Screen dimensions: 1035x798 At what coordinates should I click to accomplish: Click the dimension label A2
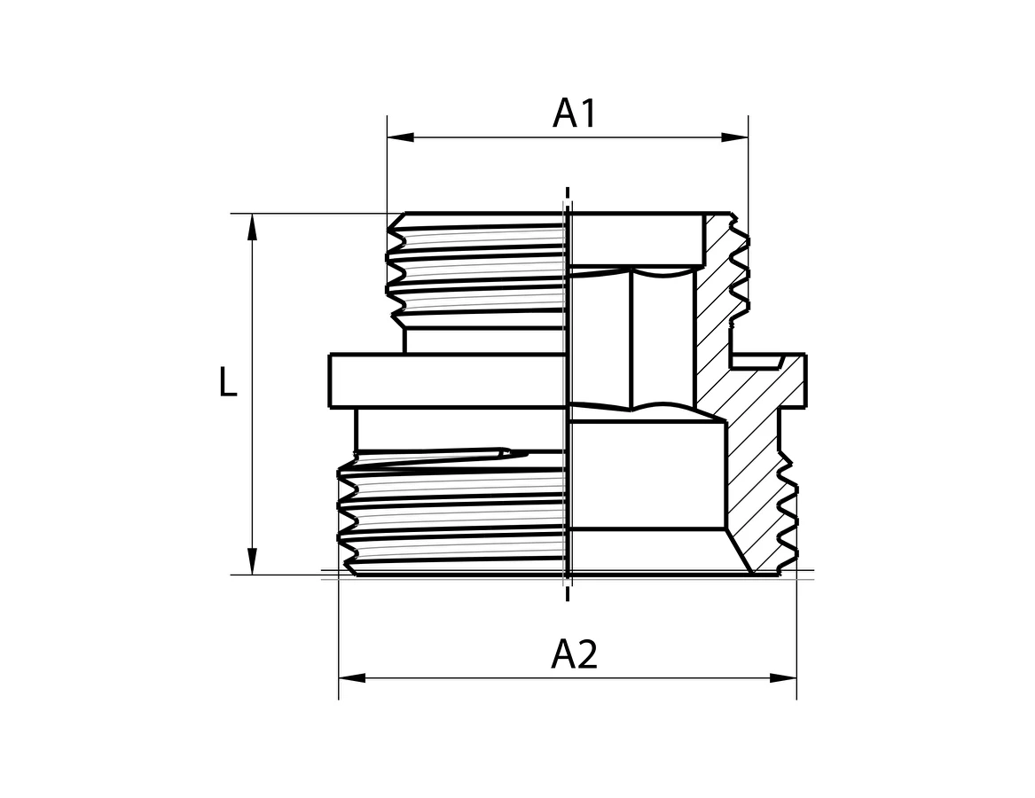[575, 654]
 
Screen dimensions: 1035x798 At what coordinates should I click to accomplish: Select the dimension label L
[228, 382]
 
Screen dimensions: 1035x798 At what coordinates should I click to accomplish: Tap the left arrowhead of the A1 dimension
[401, 137]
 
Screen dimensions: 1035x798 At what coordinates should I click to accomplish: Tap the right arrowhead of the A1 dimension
[734, 137]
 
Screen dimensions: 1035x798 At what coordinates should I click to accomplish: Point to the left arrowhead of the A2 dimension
[352, 678]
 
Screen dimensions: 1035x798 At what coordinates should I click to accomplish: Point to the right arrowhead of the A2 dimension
[783, 678]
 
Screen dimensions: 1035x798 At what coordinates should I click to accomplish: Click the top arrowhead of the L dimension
[252, 227]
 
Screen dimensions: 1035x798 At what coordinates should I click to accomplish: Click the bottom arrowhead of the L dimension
[252, 561]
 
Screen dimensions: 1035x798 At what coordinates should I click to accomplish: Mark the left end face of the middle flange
[329, 381]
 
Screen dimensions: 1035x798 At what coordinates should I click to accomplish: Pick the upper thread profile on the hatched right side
[740, 270]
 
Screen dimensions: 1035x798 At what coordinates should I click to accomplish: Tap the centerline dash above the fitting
[567, 195]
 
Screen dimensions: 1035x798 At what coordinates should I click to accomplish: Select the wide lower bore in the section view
[647, 475]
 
